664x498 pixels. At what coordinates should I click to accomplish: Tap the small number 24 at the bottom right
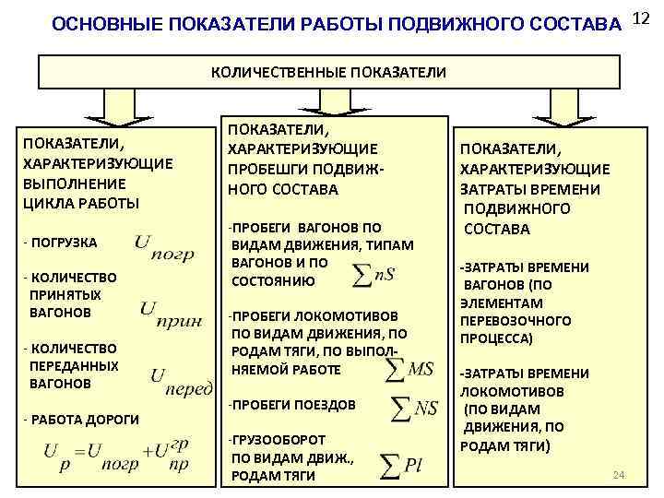tap(619, 475)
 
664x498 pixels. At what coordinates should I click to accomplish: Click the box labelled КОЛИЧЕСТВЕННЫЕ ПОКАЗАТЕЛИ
tap(329, 71)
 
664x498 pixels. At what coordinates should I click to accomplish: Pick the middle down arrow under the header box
tap(329, 106)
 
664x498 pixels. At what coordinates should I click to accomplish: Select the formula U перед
tap(181, 380)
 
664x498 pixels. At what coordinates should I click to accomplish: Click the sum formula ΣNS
tap(414, 406)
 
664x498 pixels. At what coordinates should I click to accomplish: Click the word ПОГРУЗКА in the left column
tap(64, 243)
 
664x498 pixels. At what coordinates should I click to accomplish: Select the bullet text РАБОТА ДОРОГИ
tap(85, 420)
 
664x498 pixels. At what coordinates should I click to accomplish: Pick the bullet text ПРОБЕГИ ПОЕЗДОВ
tap(293, 405)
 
